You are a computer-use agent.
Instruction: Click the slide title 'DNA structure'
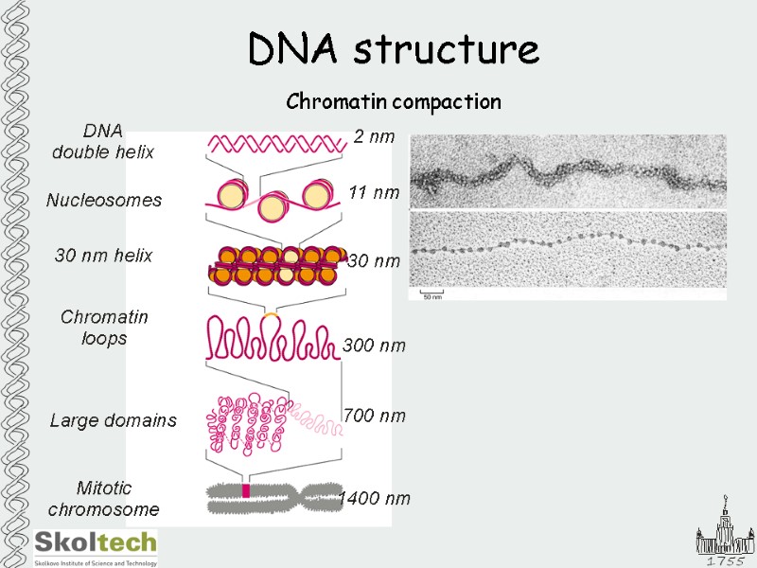pos(393,49)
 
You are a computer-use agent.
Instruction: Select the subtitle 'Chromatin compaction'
pos(393,101)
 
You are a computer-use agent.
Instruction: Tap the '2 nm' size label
pos(374,137)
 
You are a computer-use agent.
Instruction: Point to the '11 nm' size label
pos(374,193)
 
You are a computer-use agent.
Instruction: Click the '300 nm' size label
pos(374,346)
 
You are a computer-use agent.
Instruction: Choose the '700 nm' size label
pos(374,416)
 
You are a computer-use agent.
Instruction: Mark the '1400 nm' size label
pos(375,498)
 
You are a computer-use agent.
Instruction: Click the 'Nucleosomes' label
pos(104,201)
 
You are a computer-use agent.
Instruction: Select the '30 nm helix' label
pos(104,256)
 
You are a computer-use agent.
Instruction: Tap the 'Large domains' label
pos(113,420)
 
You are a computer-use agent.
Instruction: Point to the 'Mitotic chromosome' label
pos(103,499)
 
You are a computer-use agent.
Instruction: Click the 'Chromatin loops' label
pos(104,328)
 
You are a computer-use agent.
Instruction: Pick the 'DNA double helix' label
pos(103,141)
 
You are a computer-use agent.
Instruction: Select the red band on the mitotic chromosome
pos(246,491)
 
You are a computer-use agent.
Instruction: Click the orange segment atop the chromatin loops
pos(271,312)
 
